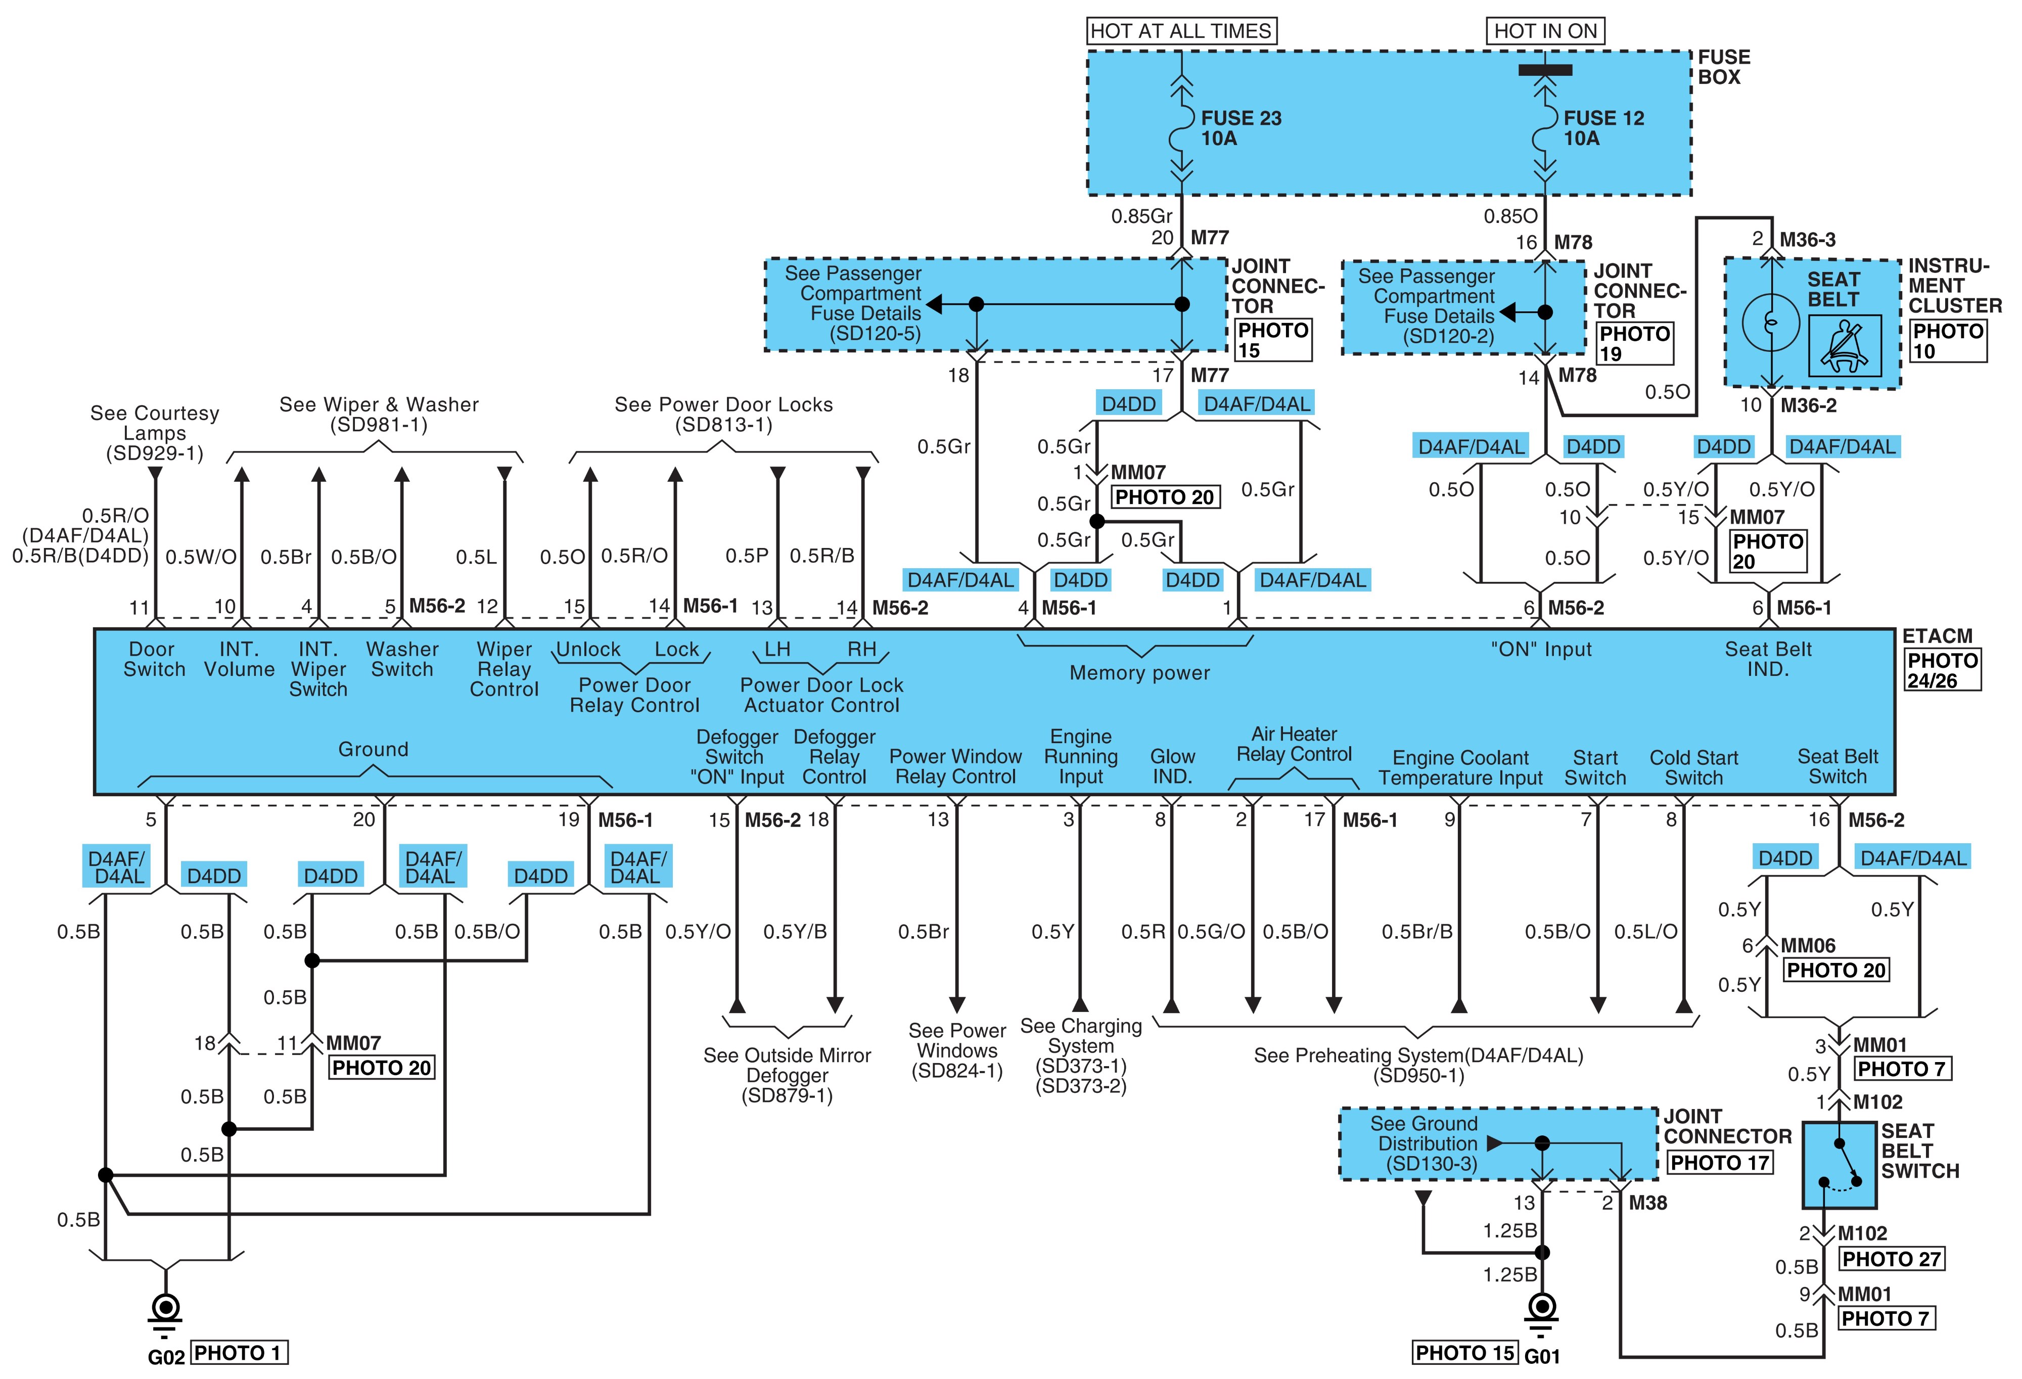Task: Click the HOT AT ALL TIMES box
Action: coord(1181,31)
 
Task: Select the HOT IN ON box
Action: coord(1545,31)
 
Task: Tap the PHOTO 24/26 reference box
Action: coord(1942,670)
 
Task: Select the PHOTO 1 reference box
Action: coord(239,1353)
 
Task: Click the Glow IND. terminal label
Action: coord(1172,766)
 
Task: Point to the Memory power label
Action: coord(1140,672)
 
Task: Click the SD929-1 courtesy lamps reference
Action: coord(155,453)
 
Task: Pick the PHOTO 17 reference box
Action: coord(1719,1163)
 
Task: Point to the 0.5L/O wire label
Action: coord(1645,932)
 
